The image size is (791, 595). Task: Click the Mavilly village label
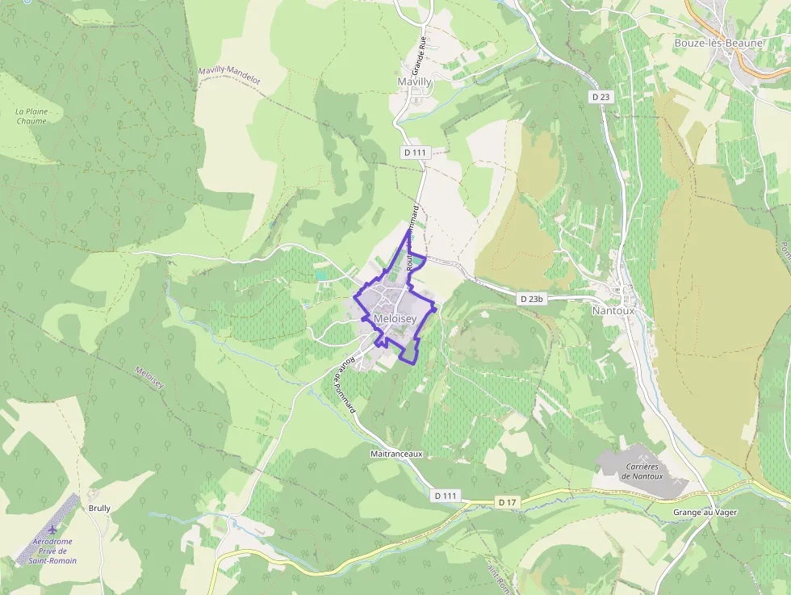415,82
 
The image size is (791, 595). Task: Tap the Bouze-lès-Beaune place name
718,42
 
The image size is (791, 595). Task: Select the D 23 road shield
600,97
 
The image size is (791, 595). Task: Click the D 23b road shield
532,299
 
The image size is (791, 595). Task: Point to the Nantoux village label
613,310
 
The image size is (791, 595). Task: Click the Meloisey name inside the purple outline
395,320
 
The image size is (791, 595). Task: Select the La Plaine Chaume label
32,116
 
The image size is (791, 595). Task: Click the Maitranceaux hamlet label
396,455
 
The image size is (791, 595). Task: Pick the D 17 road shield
507,502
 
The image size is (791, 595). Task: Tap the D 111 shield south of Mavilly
414,152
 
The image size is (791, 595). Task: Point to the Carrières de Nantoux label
642,471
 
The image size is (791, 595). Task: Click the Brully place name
99,509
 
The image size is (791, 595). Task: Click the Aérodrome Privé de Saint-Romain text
52,551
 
